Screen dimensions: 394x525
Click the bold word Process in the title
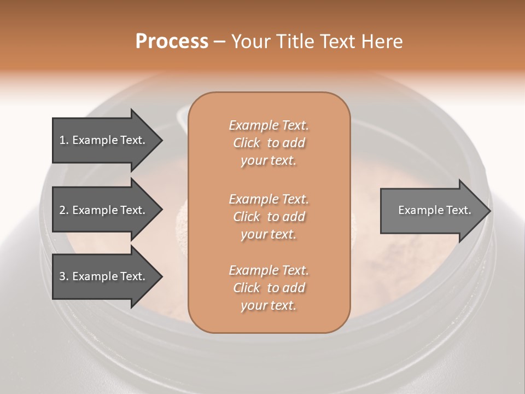pyautogui.click(x=172, y=42)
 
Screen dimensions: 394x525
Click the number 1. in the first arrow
pyautogui.click(x=64, y=140)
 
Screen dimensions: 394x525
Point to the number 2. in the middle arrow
pyautogui.click(x=64, y=210)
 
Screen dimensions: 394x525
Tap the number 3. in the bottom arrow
pyautogui.click(x=64, y=276)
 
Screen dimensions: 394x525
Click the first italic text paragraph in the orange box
pyautogui.click(x=269, y=143)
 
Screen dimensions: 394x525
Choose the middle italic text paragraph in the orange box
pyautogui.click(x=269, y=216)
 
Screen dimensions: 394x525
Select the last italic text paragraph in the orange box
pyautogui.click(x=269, y=288)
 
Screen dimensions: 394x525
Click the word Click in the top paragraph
pyautogui.click(x=246, y=143)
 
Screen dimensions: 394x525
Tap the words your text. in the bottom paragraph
pyautogui.click(x=269, y=305)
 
